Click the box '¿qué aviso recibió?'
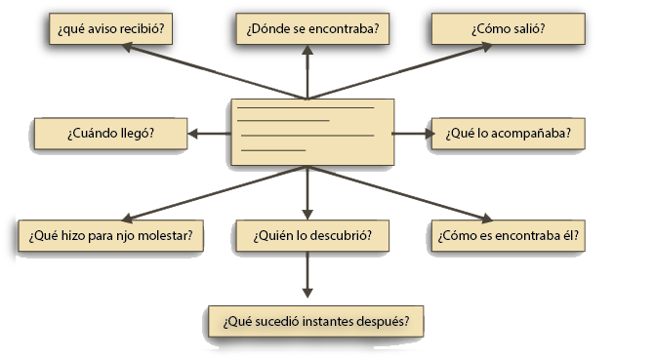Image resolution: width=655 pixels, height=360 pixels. click(110, 28)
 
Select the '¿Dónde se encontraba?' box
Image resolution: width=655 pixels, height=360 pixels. click(312, 28)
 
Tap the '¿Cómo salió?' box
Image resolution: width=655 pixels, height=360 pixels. click(509, 28)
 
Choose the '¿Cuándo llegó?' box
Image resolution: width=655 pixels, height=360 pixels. click(110, 134)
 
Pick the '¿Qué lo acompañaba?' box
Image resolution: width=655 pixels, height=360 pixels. click(509, 134)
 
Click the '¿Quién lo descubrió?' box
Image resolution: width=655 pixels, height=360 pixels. click(312, 235)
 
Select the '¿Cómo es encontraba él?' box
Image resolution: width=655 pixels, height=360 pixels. click(509, 235)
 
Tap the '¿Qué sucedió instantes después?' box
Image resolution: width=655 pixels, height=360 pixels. click(316, 322)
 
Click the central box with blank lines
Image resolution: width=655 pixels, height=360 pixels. click(312, 132)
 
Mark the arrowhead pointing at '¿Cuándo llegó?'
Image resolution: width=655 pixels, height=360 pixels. click(192, 134)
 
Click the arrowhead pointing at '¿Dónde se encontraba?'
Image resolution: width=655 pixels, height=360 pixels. click(307, 50)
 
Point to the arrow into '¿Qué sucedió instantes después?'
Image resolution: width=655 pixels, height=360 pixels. click(307, 275)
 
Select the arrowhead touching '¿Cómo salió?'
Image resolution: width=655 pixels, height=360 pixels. click(486, 47)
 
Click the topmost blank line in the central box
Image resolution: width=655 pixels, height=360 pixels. click(306, 108)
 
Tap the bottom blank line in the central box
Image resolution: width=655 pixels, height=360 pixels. click(273, 150)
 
